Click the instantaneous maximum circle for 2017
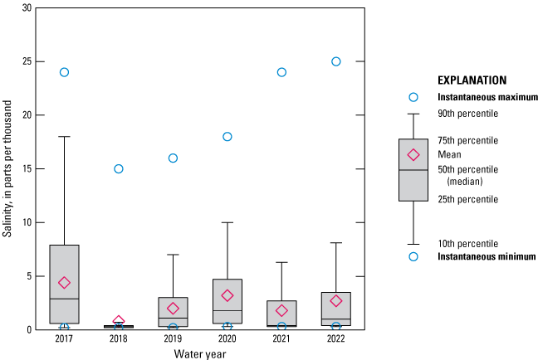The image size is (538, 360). coord(64,72)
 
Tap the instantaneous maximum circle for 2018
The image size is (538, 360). coord(119,168)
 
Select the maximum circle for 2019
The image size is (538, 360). coord(173,158)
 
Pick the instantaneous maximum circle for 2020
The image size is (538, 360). coord(227,136)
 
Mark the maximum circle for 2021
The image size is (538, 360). coord(281,72)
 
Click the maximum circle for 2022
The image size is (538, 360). coord(336,61)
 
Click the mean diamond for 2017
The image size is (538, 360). coord(64,283)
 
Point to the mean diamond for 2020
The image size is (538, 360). coord(227,295)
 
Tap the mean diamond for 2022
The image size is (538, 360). coord(336,300)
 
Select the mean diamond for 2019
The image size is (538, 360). coord(173,308)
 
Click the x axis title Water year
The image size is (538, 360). coord(199,354)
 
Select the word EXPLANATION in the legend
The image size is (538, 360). coord(472,80)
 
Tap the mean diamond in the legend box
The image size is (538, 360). coord(413,154)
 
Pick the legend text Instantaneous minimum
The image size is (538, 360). coord(487,257)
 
